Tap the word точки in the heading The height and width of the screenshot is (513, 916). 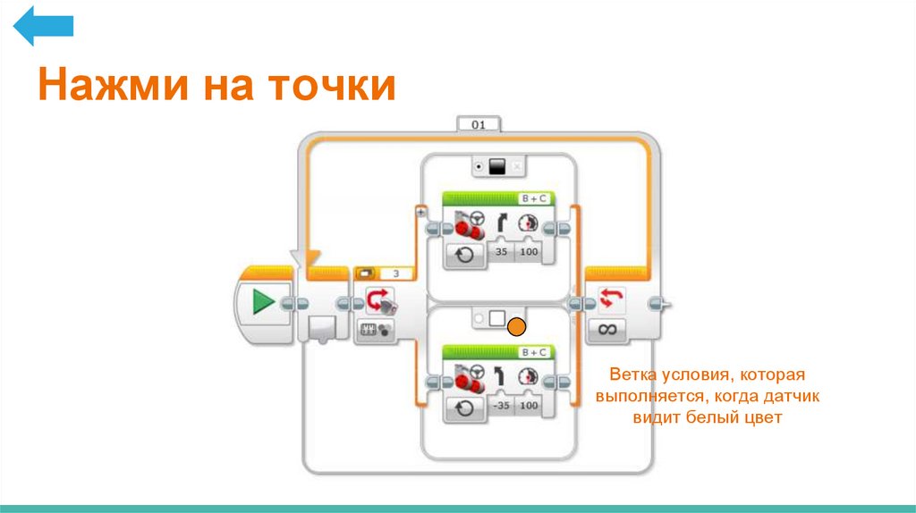coord(332,88)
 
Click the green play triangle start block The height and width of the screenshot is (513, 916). coord(263,302)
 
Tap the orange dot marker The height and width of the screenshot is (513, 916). coord(516,327)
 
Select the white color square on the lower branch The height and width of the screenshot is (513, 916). coord(497,320)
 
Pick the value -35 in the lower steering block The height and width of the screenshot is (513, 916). coord(501,405)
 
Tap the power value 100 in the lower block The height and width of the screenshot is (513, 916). coord(530,405)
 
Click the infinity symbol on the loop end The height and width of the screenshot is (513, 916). coord(608,330)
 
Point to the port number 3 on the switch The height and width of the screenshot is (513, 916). coord(396,274)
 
